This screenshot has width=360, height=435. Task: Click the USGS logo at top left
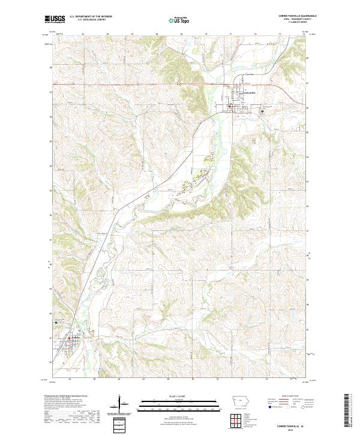pos(55,19)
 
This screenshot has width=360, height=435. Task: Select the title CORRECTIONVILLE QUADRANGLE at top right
pos(291,14)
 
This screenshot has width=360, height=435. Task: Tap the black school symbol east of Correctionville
pos(262,111)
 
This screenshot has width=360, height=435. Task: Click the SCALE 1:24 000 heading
pos(179,397)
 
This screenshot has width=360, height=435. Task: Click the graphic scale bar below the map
pos(179,402)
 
